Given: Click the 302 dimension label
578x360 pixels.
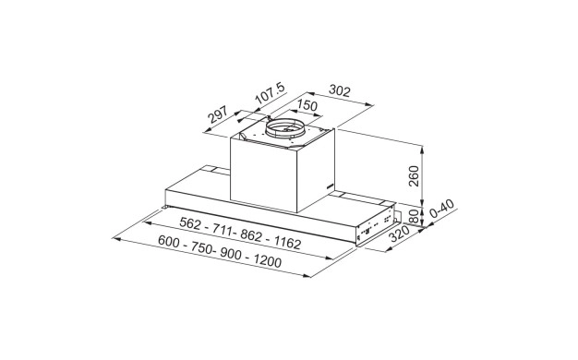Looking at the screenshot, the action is click(339, 90).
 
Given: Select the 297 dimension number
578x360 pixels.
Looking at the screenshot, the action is click(218, 114).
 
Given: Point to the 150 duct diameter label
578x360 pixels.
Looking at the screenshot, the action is click(307, 105).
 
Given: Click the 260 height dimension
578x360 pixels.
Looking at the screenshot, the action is click(414, 176).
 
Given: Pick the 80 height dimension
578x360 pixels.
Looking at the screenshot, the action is click(414, 216).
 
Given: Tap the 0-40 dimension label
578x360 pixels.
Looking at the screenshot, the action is click(442, 209).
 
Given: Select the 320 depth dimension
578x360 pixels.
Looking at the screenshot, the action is click(399, 234).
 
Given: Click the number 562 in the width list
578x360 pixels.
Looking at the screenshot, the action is click(190, 223).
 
